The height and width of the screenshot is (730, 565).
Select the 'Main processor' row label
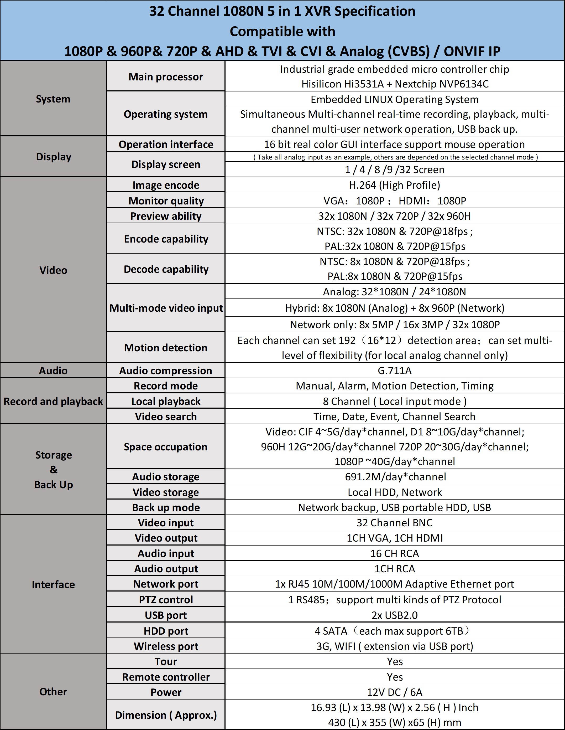click(166, 77)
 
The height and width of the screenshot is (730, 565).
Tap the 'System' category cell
click(53, 99)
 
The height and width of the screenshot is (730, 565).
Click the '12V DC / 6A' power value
click(394, 692)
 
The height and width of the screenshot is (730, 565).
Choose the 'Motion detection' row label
click(166, 348)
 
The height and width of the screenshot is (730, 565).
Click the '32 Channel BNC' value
click(394, 522)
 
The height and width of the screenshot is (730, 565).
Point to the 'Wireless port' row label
click(166, 646)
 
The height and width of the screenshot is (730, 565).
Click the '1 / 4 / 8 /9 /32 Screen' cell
click(394, 169)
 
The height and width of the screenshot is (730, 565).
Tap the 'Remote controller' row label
click(166, 677)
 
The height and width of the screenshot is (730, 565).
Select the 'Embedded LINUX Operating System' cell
click(394, 99)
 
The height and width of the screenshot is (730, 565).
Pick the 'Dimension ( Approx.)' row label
click(166, 715)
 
